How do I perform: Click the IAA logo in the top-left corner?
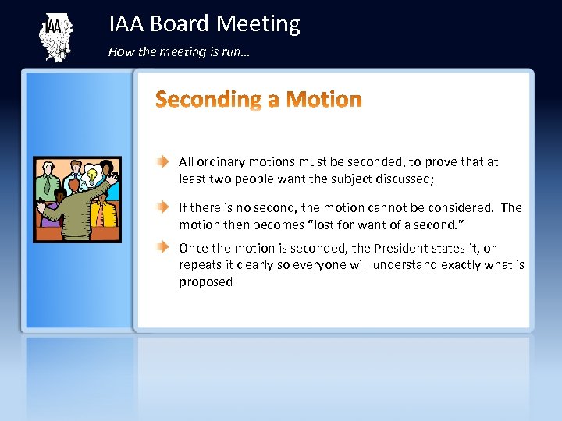click(x=55, y=37)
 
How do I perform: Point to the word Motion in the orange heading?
click(x=324, y=100)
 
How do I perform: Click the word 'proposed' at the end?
click(x=205, y=281)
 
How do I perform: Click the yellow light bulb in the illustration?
click(x=91, y=176)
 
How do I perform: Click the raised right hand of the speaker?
click(x=112, y=179)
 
